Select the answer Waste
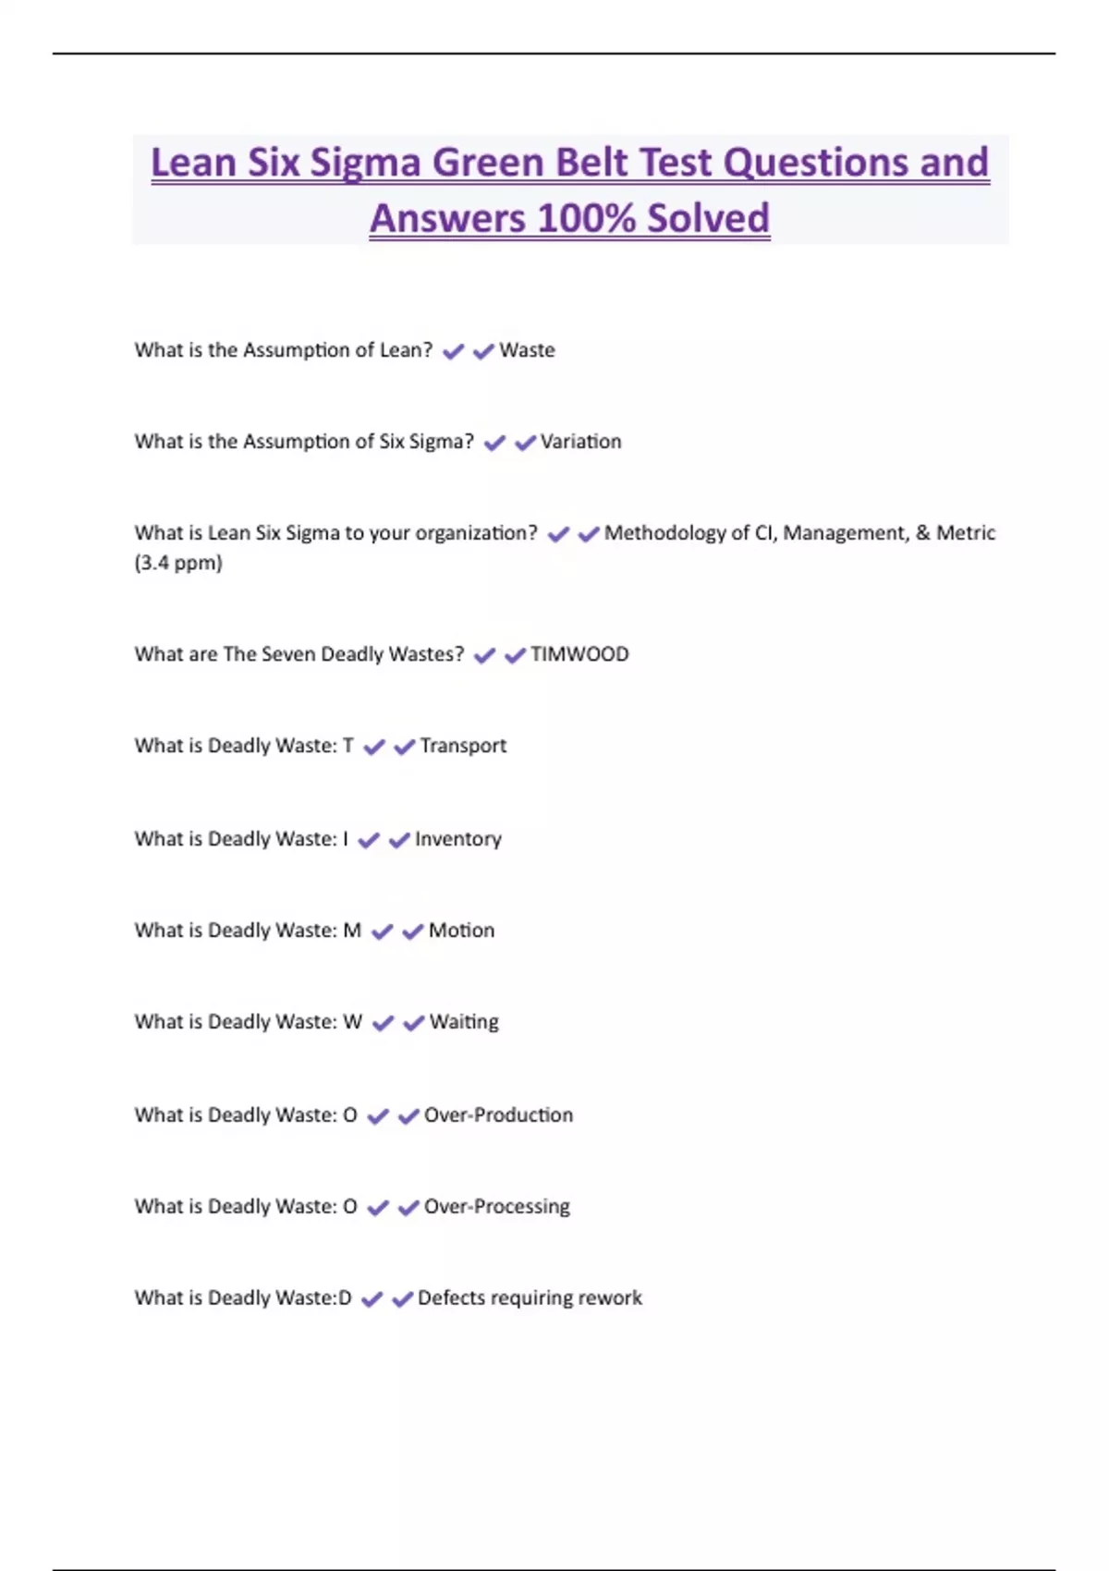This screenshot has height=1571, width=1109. (527, 350)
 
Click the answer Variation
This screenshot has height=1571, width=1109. (580, 442)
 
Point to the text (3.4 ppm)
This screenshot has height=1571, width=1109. (178, 563)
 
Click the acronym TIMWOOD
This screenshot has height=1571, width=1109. (579, 654)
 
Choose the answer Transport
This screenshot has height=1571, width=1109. (463, 746)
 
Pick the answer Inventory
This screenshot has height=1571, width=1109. (457, 839)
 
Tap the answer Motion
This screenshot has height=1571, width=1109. (461, 931)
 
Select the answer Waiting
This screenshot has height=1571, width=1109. (464, 1022)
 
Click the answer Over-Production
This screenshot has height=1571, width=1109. (498, 1115)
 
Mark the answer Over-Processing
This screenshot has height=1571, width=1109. (496, 1207)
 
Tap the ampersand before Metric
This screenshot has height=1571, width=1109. (922, 533)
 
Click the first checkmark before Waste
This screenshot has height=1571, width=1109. (453, 351)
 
